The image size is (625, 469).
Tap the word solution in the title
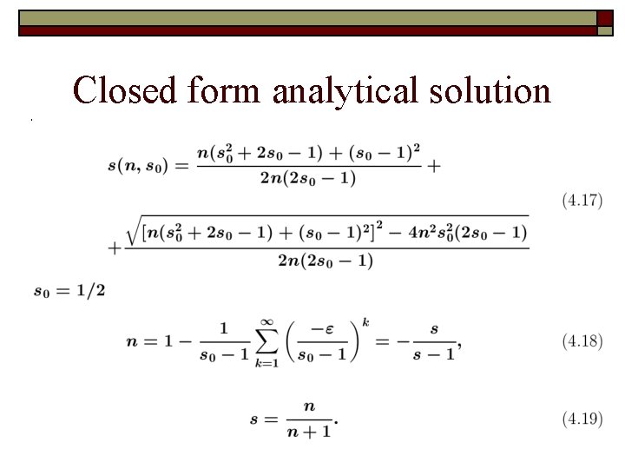[496, 90]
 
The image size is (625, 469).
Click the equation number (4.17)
[582, 201]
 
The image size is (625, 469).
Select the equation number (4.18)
[582, 341]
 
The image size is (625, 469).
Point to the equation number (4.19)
[582, 419]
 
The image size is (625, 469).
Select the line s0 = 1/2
[69, 290]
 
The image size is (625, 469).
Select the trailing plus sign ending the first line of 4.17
[433, 165]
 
